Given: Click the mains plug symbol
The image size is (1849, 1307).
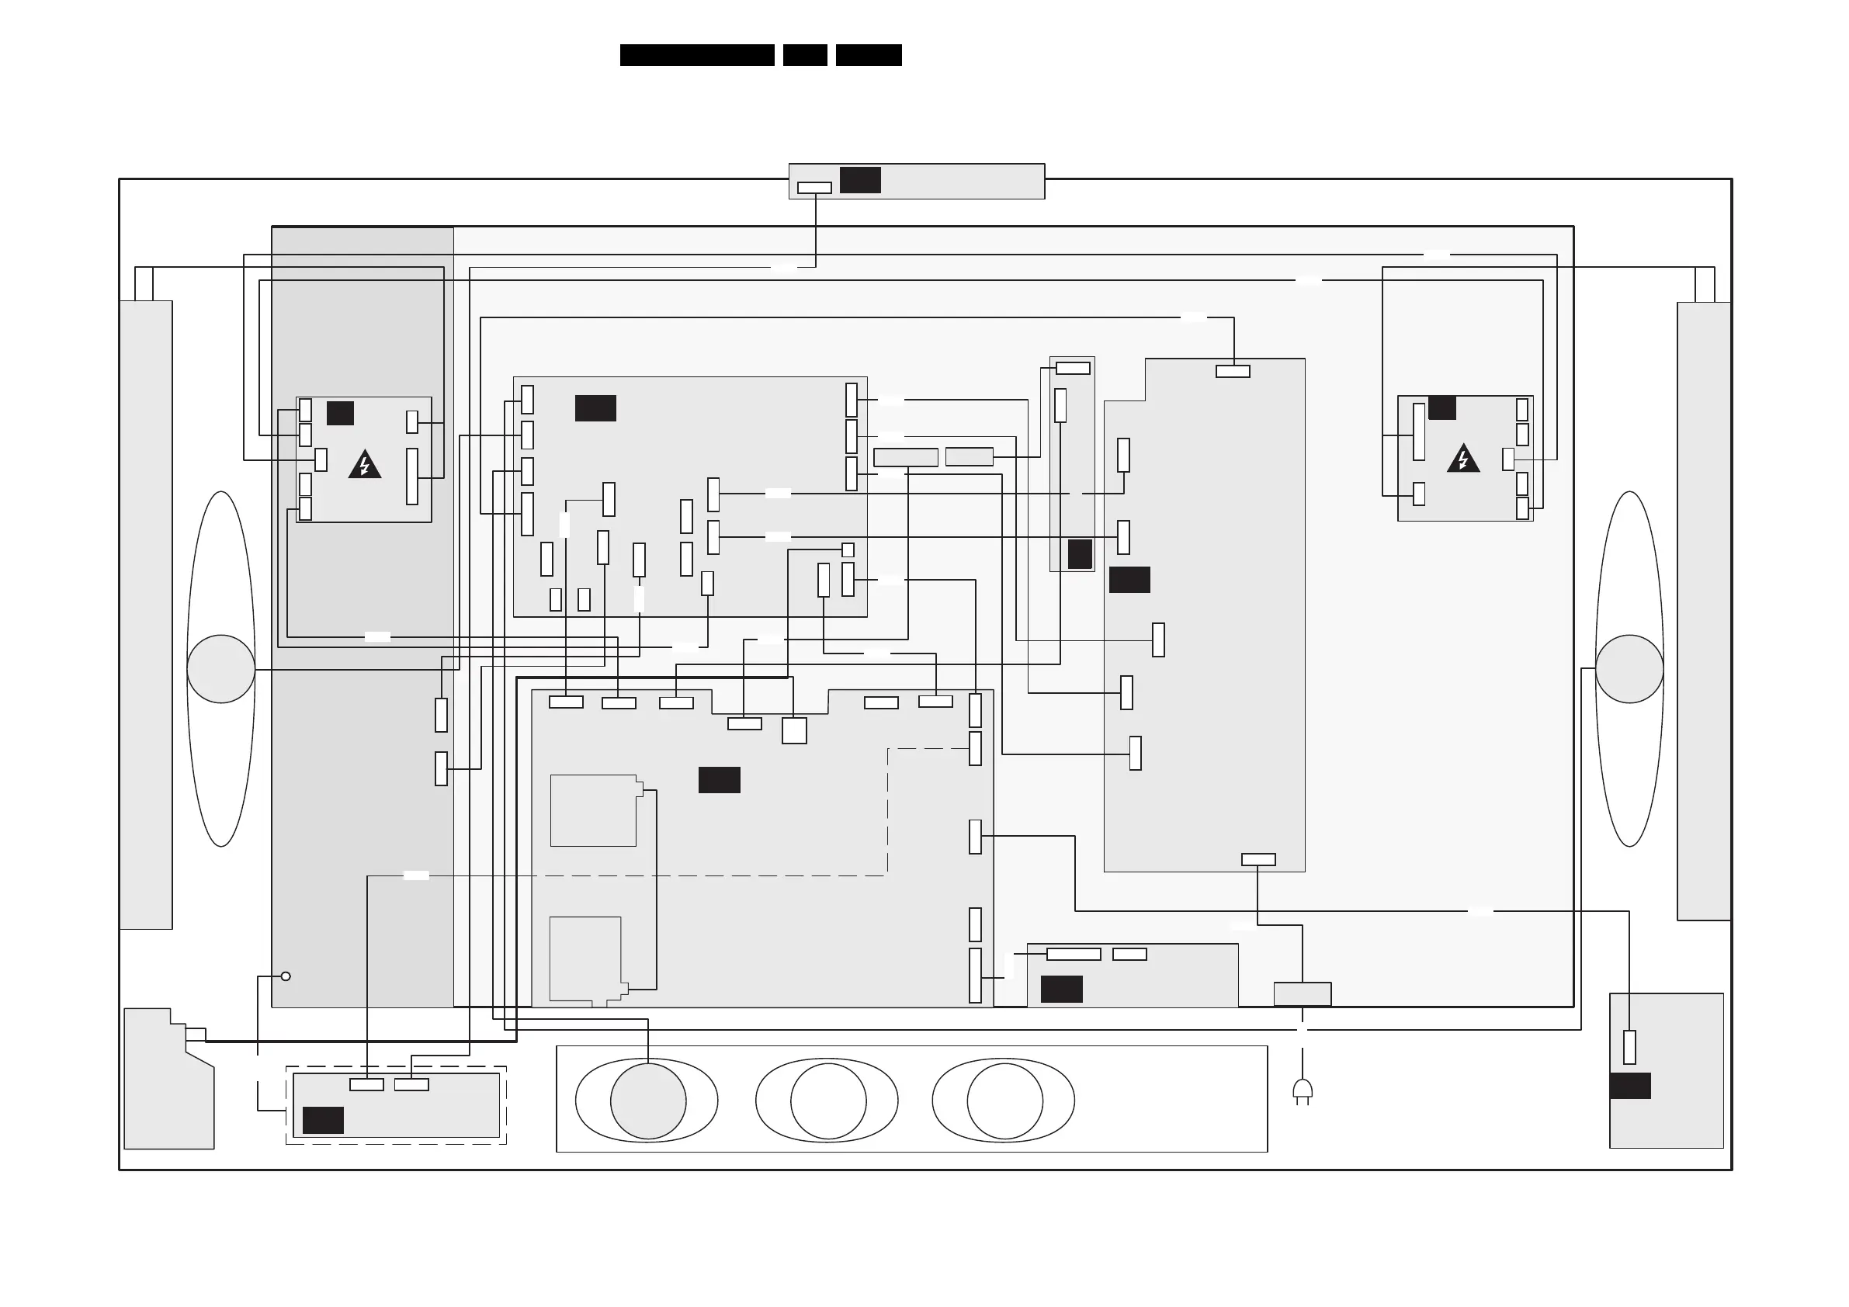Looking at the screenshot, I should pyautogui.click(x=1303, y=1091).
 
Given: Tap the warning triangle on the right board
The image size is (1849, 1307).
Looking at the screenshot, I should pyautogui.click(x=1462, y=459).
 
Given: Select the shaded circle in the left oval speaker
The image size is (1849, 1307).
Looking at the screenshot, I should pyautogui.click(x=220, y=668).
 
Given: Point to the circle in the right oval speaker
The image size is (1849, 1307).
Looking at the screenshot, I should pyautogui.click(x=1629, y=668).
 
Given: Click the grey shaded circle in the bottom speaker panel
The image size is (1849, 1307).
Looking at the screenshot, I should pyautogui.click(x=648, y=1101).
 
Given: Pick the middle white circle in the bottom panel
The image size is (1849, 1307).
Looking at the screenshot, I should pyautogui.click(x=828, y=1101).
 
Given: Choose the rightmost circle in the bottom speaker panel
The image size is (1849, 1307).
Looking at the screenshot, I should pyautogui.click(x=1004, y=1101).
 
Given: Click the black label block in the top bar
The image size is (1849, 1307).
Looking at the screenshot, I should pyautogui.click(x=860, y=179).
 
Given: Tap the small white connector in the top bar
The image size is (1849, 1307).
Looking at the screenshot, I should pyautogui.click(x=814, y=188).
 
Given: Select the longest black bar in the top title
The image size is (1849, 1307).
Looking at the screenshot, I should pyautogui.click(x=696, y=55).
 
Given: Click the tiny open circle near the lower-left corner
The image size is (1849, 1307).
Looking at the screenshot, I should pyautogui.click(x=285, y=976).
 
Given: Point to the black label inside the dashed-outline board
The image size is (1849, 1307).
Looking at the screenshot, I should pyautogui.click(x=323, y=1119).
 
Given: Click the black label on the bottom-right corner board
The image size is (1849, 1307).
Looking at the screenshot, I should pyautogui.click(x=1630, y=1086).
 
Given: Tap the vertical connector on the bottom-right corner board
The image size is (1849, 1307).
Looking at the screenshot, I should pyautogui.click(x=1629, y=1047).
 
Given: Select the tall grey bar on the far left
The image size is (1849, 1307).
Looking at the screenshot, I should pyautogui.click(x=146, y=615).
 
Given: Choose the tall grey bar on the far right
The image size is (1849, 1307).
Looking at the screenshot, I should pyautogui.click(x=1703, y=610).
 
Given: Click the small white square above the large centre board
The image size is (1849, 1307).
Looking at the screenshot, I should pyautogui.click(x=794, y=730).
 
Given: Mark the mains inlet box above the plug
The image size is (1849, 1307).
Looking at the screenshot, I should pyautogui.click(x=1303, y=993).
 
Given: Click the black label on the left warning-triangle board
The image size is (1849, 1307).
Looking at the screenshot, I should pyautogui.click(x=340, y=413).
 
